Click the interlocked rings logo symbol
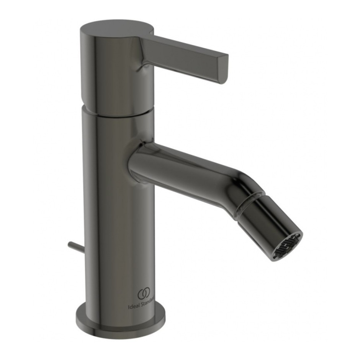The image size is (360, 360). [144, 294]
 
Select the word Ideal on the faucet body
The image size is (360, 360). [133, 306]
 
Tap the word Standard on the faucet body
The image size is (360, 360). [147, 306]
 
